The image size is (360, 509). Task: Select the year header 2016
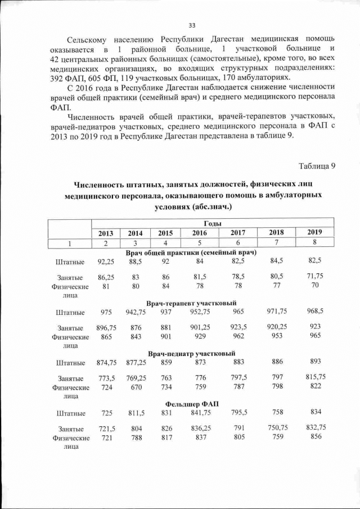200,233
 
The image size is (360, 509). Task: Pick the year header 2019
314,232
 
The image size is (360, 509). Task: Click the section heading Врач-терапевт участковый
191,303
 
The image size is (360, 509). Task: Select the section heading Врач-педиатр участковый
191,353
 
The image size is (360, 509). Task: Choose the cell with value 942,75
136,312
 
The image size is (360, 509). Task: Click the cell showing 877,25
136,362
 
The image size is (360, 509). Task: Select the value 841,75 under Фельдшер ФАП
200,412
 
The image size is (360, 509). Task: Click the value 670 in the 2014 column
136,387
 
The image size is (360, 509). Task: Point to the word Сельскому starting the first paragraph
89,39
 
